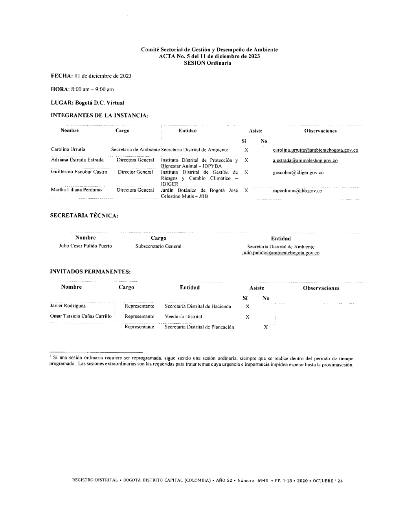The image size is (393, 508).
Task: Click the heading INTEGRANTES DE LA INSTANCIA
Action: (100, 116)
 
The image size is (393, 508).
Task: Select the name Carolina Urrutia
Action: (68, 150)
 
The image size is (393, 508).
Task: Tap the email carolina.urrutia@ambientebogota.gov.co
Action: (315, 150)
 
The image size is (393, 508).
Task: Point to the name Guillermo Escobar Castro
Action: (79, 172)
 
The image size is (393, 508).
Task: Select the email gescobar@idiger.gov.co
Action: (298, 172)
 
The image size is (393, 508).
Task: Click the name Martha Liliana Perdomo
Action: (76, 190)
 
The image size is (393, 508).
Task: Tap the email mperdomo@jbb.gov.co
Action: (297, 191)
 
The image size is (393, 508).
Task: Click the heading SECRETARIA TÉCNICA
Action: (84, 215)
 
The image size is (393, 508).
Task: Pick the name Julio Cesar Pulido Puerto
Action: (85, 246)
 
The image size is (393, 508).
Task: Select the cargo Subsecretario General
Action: (158, 246)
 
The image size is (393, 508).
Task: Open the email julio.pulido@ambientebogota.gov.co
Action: (281, 253)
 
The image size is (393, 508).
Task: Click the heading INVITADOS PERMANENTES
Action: (90, 271)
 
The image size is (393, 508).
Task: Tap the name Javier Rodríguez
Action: (68, 306)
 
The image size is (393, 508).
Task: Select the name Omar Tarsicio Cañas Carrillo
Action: (81, 316)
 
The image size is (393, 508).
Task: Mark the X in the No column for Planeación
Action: (266, 327)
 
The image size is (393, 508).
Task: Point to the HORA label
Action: (60, 90)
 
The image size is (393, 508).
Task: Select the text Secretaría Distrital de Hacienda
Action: (198, 306)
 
